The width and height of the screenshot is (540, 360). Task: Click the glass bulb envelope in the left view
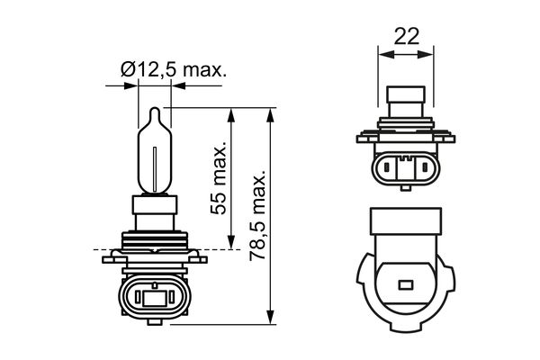[x=156, y=153]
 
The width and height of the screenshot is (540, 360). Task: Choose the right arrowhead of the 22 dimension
[x=430, y=55]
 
